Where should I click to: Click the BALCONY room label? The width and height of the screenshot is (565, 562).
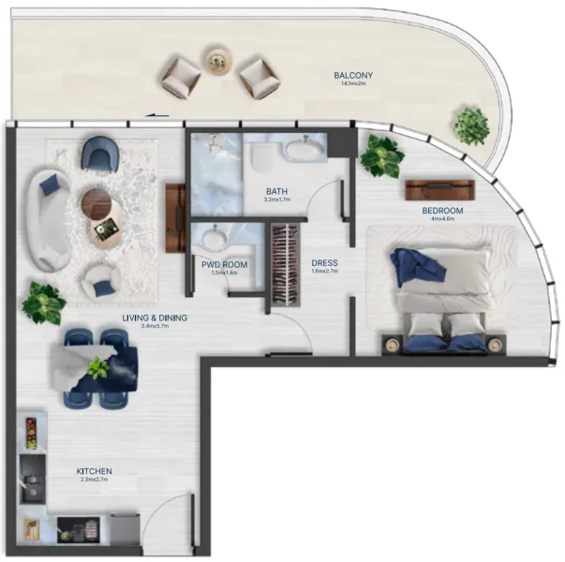tap(353, 75)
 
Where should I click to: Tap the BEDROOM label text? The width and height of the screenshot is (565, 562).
tap(442, 211)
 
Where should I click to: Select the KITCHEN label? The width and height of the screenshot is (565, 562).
tap(95, 471)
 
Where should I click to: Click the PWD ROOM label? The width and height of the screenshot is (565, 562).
tap(224, 265)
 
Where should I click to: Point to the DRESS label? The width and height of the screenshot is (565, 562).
tap(324, 262)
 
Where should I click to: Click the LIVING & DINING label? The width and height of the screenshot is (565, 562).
tap(155, 318)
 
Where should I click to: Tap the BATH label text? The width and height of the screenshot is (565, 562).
tap(277, 192)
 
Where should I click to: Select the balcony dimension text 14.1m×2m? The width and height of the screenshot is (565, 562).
tap(353, 84)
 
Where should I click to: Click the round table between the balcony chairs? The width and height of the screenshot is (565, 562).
tap(217, 61)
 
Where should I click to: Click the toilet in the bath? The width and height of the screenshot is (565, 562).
tap(260, 160)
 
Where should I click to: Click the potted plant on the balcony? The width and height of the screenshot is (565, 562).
tap(471, 124)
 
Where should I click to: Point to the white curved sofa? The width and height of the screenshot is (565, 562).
tap(45, 217)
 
